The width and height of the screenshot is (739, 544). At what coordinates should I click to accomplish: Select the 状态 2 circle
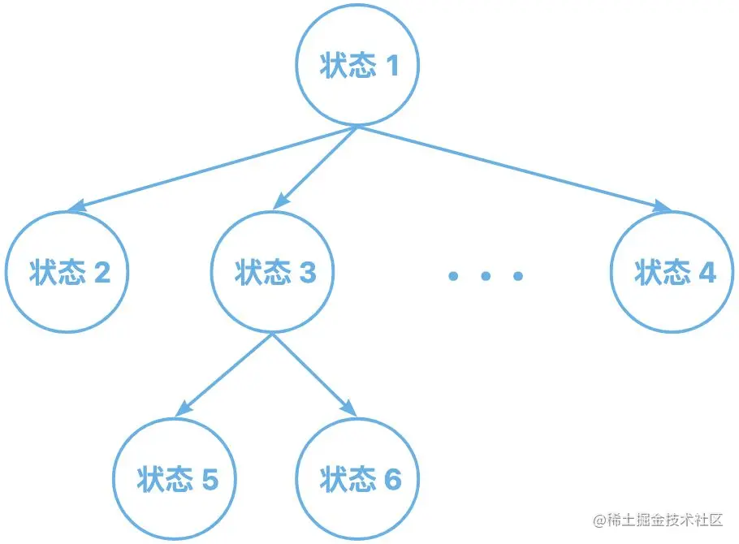coord(68,272)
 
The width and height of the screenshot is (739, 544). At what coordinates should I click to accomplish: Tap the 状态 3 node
coord(274,272)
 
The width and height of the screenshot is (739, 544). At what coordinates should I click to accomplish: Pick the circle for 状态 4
coord(673,272)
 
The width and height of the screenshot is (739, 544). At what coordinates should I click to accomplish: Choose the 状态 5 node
coord(175,479)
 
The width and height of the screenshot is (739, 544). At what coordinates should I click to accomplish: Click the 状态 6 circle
coord(360,479)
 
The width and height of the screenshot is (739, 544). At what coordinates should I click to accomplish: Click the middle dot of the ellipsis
coord(485,277)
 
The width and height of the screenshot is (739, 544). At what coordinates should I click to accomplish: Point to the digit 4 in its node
coord(707,273)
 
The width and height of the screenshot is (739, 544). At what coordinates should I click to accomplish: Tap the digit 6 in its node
coord(392,480)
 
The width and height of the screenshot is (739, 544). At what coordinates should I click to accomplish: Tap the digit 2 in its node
coord(102,273)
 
